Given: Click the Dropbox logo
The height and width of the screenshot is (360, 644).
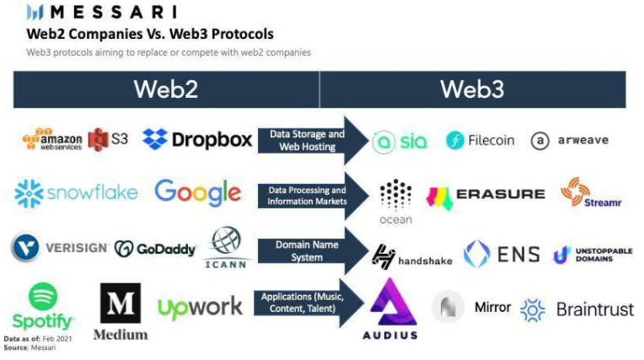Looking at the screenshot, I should pos(197,139).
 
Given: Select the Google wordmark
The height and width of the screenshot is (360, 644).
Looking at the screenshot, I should pos(197,193).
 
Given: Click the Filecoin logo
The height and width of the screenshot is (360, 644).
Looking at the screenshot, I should pos(480,141).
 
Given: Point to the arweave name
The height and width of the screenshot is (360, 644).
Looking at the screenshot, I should pos(582,141).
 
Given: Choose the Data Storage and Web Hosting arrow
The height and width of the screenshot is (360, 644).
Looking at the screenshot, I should pos(313,140).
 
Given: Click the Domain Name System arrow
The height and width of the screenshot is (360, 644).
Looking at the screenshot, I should pos(313,250).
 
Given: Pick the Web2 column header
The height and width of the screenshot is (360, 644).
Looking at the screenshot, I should pos(166,89).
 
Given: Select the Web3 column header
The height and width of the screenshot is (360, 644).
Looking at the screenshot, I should pos(472,89).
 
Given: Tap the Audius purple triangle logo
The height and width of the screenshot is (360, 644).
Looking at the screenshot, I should pos(393,301).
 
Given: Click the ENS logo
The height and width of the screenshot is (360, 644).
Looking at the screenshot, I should pos(502,254).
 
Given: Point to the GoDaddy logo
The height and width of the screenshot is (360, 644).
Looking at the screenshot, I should pos(155,249).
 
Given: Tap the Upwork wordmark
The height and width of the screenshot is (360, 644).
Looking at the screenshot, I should pos(200,307).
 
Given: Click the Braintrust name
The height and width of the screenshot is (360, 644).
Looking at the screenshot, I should pos(594,309).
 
